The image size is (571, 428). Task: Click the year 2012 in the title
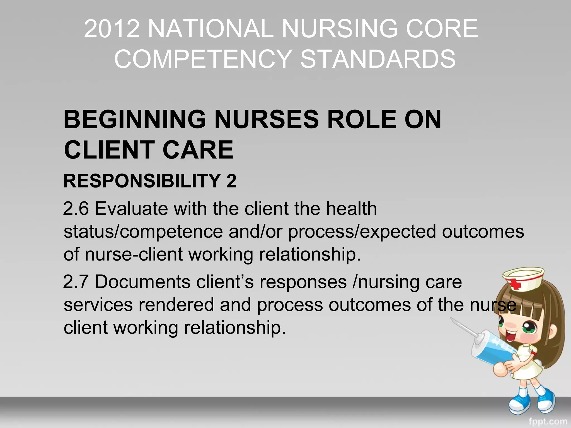tap(112, 29)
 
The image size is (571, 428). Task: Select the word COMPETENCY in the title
tap(203, 59)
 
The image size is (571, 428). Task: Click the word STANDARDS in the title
tap(378, 59)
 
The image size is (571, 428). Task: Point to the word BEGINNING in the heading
tap(135, 120)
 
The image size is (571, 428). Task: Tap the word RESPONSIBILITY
tap(142, 181)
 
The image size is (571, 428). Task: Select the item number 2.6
tap(76, 209)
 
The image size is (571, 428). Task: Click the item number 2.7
tap(76, 282)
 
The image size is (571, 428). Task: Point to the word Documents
tap(142, 282)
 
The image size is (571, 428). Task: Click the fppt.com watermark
tap(548, 422)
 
